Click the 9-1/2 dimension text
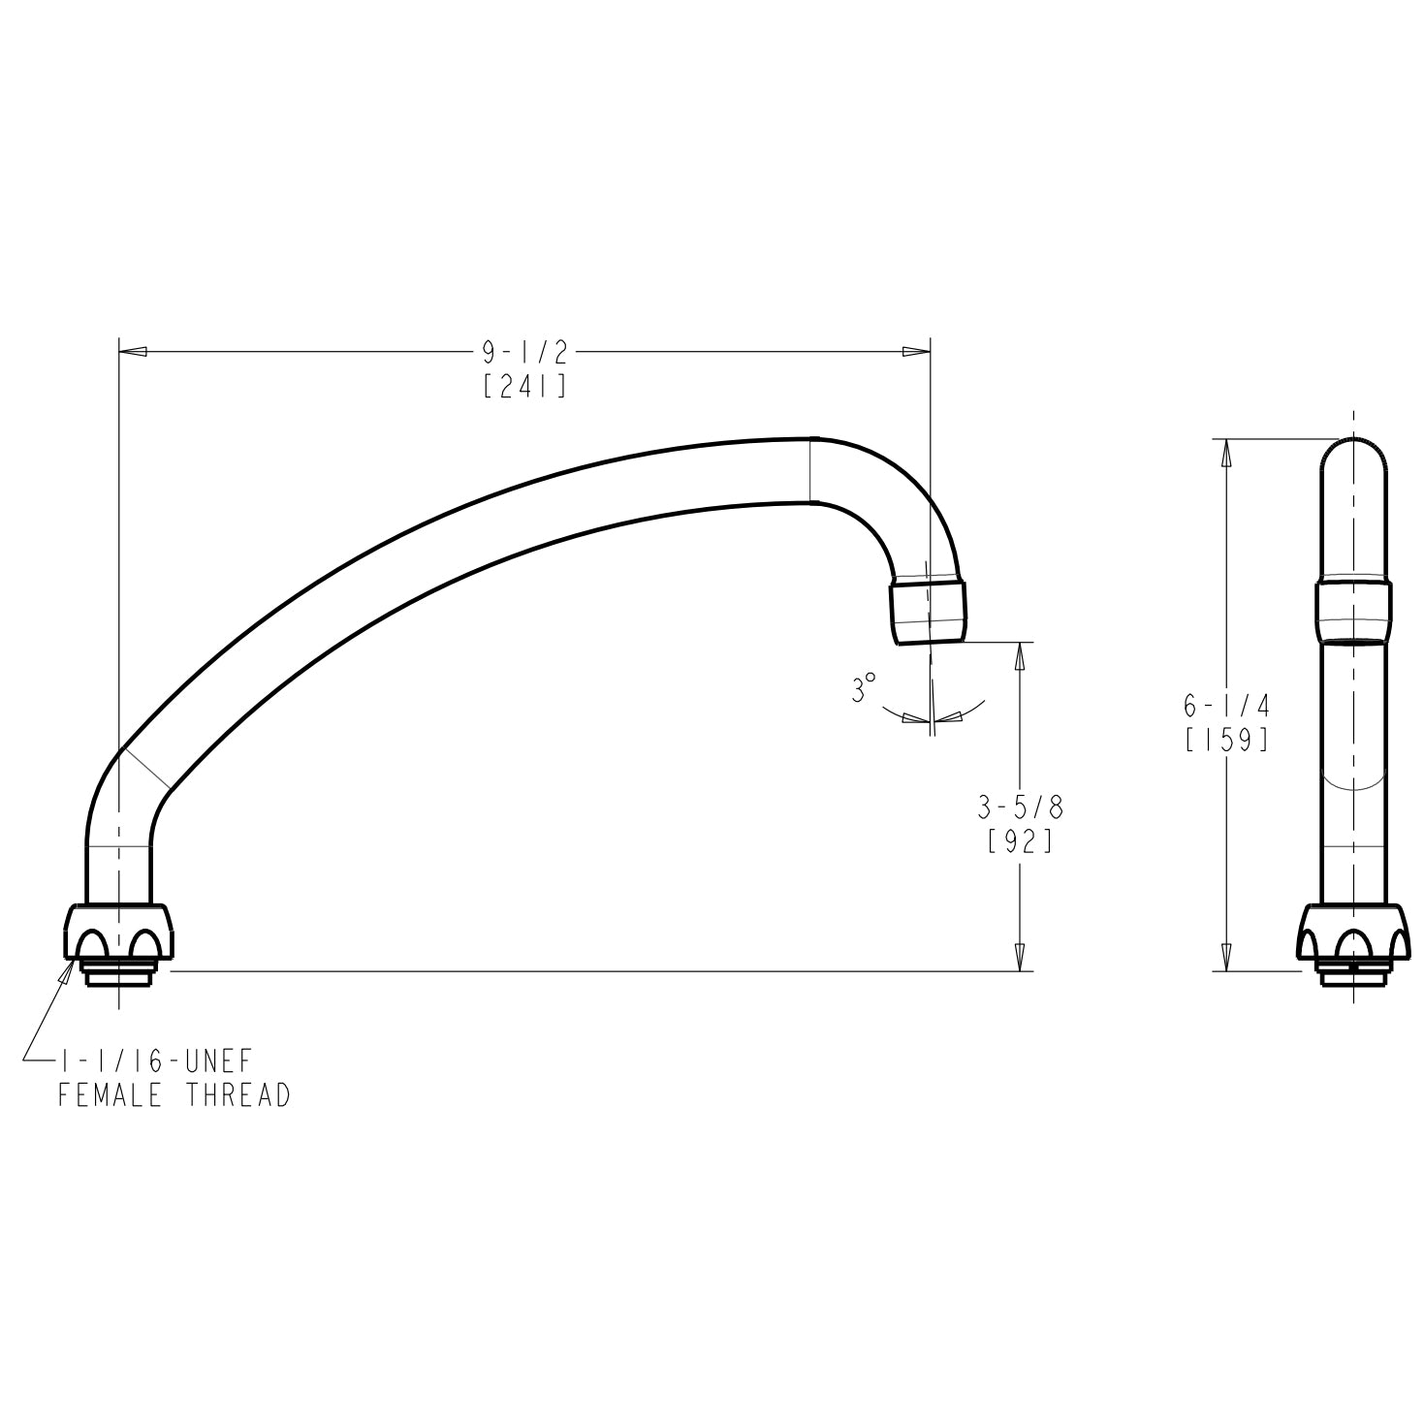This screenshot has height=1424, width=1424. coord(524,353)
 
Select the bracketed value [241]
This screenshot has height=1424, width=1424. coord(524,386)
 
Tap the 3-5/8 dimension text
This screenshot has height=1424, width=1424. coord(1020,808)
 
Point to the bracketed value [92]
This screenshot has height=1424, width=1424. coord(1020,841)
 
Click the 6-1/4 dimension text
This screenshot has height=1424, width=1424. coord(1226,707)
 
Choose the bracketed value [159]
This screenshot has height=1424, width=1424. coord(1226,740)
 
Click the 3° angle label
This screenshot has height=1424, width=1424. coord(863,688)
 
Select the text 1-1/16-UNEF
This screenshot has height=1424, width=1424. coord(156,1061)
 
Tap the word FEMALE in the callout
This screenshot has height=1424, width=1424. coord(111,1096)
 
